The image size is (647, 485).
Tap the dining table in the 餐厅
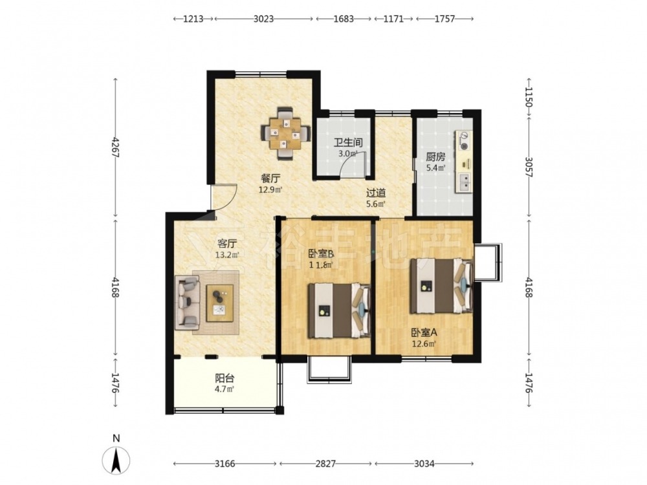(285, 134)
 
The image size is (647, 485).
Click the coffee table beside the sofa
(219, 303)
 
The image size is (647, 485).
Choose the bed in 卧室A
(441, 285)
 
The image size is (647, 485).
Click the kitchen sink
(465, 182)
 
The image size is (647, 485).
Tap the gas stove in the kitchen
(464, 140)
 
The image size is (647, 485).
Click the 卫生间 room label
(348, 143)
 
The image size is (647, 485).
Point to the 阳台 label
(225, 378)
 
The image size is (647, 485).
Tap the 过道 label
(376, 193)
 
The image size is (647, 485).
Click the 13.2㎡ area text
(227, 255)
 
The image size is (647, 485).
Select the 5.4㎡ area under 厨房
(435, 167)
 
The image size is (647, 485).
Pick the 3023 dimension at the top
(264, 19)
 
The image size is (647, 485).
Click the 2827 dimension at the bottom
(325, 464)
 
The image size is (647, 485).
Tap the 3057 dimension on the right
(529, 167)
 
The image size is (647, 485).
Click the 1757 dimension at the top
(444, 19)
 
